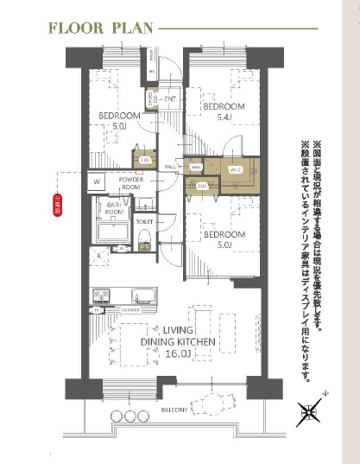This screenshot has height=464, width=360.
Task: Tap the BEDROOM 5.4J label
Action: [x=224, y=111]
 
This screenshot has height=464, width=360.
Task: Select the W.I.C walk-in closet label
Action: [x=235, y=170]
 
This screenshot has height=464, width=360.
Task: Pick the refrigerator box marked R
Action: [x=100, y=257]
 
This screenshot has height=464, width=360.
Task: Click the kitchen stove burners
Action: [x=98, y=296]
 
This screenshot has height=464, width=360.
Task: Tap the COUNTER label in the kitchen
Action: [x=129, y=308]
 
